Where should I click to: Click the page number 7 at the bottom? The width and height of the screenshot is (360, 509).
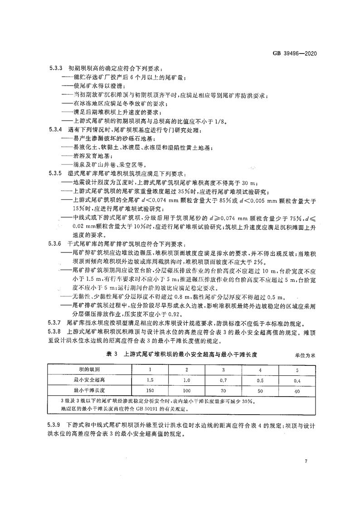coord(307,461)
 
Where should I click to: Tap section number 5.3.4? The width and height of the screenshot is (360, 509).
coord(55,130)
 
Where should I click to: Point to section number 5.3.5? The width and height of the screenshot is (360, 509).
coord(55,174)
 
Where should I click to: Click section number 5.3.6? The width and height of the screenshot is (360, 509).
coord(55,244)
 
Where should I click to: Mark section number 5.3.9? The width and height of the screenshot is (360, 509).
coord(55,426)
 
